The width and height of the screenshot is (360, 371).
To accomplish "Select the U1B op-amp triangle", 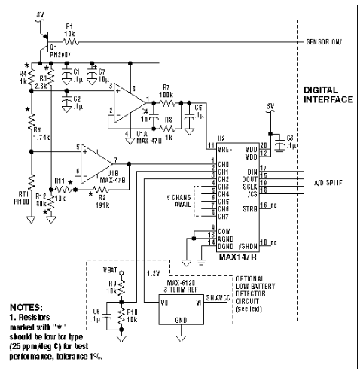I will coord(93,160).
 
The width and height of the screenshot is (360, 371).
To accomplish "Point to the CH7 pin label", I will coord(222,217).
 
